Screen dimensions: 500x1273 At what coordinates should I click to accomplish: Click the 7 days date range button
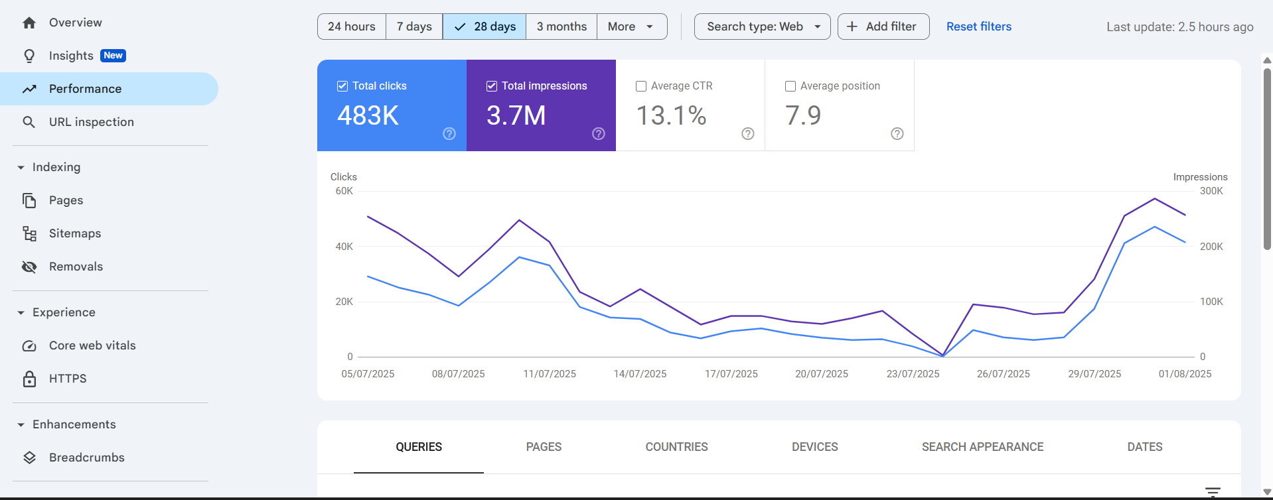[414, 27]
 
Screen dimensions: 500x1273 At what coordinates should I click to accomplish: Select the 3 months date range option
[562, 27]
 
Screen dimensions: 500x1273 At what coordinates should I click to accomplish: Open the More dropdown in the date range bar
[631, 27]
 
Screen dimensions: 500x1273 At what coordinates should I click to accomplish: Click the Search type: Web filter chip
[762, 27]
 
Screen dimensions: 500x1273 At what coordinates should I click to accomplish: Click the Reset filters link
[978, 27]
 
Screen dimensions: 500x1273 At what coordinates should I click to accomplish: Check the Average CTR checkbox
[641, 86]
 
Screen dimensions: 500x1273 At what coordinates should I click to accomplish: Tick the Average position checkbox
[790, 86]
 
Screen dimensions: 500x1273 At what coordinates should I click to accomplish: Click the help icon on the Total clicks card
[449, 134]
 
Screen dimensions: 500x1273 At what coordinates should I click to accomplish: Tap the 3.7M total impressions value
[516, 116]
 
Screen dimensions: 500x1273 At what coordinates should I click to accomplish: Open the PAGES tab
[544, 447]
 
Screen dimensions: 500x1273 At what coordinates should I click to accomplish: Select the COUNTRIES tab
[676, 447]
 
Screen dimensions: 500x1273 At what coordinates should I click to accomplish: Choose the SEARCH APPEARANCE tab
[982, 447]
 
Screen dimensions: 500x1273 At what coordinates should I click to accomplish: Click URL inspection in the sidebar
[92, 122]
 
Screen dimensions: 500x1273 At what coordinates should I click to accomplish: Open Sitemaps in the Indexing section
[75, 233]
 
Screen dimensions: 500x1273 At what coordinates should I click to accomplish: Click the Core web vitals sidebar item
[92, 345]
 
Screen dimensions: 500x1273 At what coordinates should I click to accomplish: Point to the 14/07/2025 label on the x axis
[640, 374]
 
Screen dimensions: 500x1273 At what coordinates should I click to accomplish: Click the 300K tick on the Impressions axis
[1211, 191]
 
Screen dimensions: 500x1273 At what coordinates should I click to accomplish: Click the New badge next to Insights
[113, 56]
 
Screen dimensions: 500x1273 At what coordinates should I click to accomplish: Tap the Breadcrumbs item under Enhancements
[87, 458]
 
